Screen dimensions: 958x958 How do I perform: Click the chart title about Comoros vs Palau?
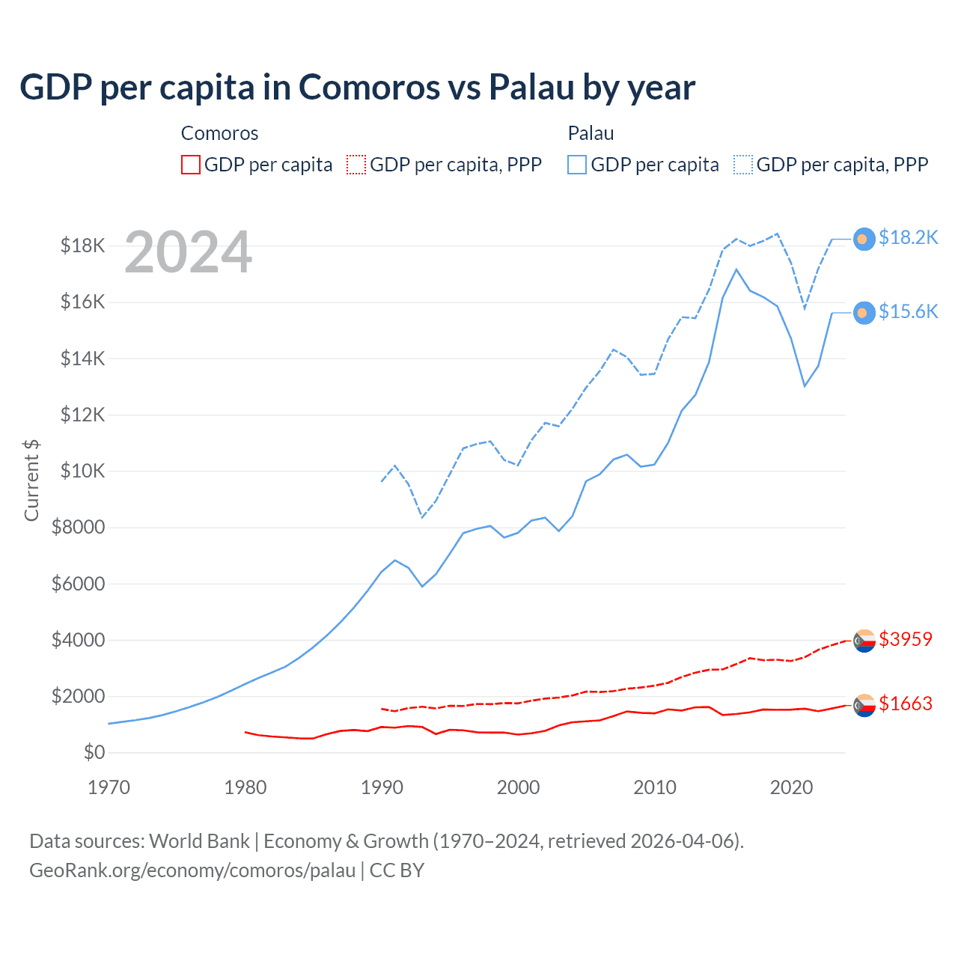[x=357, y=88]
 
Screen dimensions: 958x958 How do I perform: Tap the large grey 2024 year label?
[x=188, y=253]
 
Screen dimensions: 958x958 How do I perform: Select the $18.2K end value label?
[x=908, y=238]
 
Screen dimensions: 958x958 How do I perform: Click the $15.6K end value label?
[x=908, y=312]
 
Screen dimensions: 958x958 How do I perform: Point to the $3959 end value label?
[x=905, y=640]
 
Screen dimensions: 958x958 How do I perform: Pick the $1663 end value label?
[x=905, y=704]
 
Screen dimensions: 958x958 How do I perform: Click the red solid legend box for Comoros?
[x=191, y=165]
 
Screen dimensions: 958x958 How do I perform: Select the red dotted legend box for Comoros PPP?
[x=357, y=165]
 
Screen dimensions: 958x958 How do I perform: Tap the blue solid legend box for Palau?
[x=577, y=165]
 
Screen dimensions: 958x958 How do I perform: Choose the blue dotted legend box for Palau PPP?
[x=743, y=165]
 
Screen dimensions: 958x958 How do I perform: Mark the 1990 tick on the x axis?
[x=382, y=787]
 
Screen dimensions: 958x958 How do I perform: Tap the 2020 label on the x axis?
[x=791, y=787]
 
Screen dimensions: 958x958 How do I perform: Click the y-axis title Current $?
[x=31, y=480]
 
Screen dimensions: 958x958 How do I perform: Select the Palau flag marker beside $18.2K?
[x=864, y=239]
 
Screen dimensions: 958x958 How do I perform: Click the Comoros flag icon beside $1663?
[x=864, y=705]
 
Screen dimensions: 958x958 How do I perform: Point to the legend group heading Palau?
[x=591, y=133]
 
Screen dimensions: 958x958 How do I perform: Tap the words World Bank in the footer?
[x=199, y=841]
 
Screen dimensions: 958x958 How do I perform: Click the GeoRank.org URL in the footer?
[x=192, y=870]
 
